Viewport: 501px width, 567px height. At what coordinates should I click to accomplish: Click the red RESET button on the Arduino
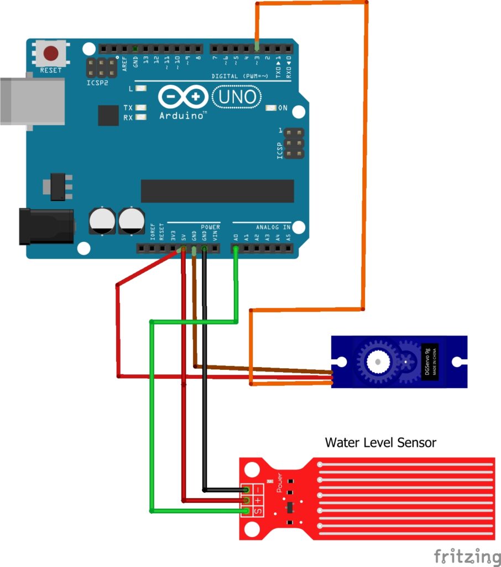[x=51, y=53]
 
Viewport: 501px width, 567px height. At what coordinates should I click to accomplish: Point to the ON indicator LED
[x=271, y=108]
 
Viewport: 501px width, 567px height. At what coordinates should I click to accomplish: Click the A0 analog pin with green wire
[x=236, y=249]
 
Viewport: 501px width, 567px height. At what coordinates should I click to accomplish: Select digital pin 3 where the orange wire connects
[x=257, y=48]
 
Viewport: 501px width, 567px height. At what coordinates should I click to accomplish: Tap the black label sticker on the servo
[x=430, y=362]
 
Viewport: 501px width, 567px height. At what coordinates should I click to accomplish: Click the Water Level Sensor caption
[x=380, y=442]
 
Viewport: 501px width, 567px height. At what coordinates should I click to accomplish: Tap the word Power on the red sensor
[x=279, y=483]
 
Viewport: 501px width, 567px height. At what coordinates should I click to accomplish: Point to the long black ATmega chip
[x=217, y=191]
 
